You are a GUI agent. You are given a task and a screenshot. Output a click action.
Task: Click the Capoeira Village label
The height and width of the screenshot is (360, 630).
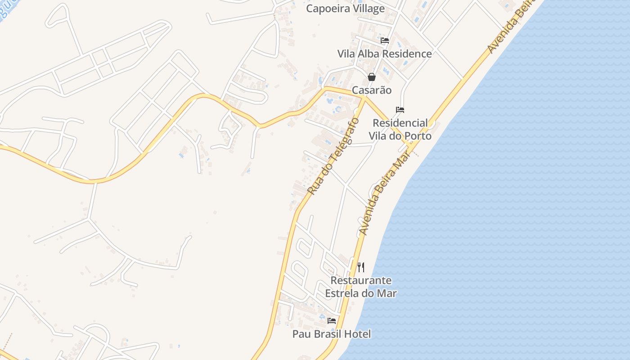point(345,9)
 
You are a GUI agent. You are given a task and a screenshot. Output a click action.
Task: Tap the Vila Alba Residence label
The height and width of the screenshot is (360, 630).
point(384,54)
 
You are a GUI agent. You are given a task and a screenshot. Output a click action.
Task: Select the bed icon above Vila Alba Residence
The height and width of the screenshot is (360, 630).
point(385,40)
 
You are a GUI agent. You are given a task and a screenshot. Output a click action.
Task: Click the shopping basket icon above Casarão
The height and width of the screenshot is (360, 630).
point(372,77)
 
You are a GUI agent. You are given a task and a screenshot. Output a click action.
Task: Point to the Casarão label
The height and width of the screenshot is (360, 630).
point(372,90)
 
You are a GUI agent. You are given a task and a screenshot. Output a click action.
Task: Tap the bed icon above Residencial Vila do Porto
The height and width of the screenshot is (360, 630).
point(400,110)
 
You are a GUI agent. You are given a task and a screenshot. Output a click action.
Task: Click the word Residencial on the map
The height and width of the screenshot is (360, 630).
point(400,123)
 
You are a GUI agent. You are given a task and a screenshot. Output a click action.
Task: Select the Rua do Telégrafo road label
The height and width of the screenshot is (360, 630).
point(333,156)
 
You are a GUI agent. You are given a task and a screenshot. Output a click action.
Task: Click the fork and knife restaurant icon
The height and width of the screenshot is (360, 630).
point(361,267)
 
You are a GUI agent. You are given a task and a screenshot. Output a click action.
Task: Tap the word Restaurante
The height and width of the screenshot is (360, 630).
point(361,280)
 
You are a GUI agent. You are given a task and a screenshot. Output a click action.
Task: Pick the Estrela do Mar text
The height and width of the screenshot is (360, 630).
point(361,293)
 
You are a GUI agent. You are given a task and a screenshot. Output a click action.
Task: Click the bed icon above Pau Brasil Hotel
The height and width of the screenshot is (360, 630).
point(332,321)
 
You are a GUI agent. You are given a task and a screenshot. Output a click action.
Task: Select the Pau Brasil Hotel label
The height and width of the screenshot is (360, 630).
point(332,334)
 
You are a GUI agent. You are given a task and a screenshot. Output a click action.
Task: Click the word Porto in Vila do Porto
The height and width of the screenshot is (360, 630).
point(418,136)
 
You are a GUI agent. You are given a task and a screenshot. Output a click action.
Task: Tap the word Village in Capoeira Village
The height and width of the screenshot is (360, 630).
point(368,9)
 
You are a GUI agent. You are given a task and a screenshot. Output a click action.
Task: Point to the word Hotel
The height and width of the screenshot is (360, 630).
point(358,334)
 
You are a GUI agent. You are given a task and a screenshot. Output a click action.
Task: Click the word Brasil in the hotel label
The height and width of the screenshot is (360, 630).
point(328,334)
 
